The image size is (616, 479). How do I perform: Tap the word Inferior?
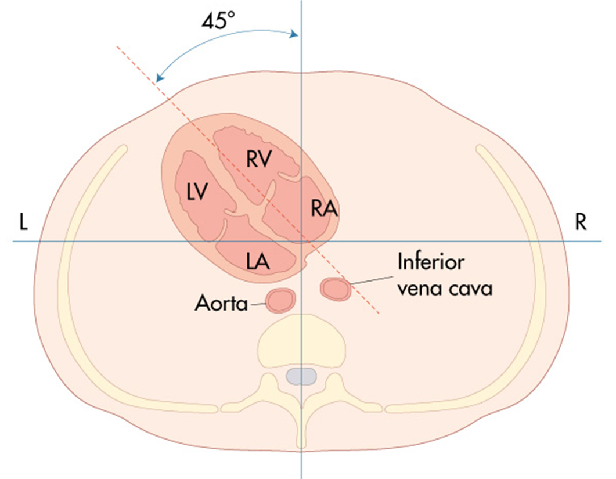click(430, 262)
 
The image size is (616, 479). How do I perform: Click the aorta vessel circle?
click(281, 300)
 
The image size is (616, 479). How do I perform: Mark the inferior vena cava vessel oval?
click(336, 289)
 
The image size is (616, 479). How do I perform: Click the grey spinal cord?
click(301, 377)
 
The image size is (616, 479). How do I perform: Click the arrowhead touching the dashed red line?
click(160, 78)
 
